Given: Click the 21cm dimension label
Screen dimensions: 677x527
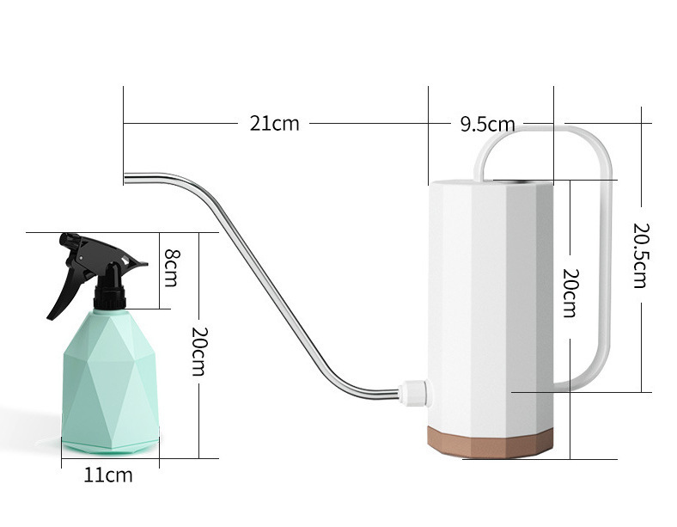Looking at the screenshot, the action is point(274,124).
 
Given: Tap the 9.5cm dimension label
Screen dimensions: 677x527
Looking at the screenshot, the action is point(487,125).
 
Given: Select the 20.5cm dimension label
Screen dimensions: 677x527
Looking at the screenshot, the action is point(641,254).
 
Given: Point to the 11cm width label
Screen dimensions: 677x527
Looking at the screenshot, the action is point(108,475).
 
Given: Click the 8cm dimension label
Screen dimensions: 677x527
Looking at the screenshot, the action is point(171,268).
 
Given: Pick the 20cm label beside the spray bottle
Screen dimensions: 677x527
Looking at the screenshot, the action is point(200,352).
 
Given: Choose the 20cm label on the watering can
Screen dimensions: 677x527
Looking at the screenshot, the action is point(570,293).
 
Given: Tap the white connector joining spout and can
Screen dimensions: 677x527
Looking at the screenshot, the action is point(414,392).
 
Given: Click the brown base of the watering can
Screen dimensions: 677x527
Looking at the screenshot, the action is point(491,442).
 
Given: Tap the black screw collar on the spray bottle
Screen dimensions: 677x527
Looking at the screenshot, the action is point(110,298).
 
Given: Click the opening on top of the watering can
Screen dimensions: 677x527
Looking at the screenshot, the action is point(522,181).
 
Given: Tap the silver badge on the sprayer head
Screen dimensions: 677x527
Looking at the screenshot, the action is point(126,260).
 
